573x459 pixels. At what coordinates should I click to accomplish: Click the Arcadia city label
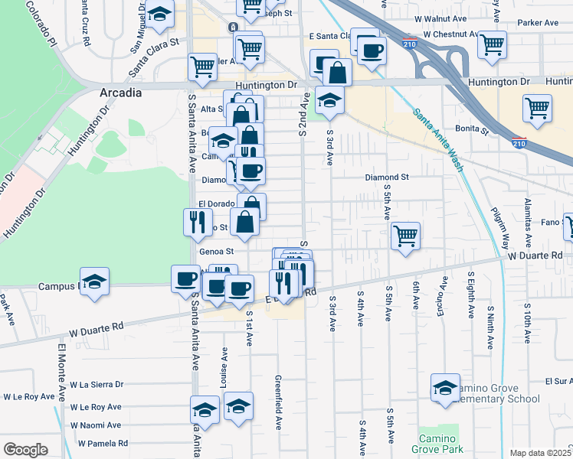121,93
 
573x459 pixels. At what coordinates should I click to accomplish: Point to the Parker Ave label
538,23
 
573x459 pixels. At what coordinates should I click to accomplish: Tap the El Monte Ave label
61,372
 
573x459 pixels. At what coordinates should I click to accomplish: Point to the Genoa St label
215,250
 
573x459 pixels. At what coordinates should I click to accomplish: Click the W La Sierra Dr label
96,385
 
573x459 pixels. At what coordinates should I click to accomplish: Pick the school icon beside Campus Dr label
95,280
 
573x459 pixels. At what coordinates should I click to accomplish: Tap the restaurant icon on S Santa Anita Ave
197,221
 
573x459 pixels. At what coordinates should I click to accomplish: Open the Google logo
25,449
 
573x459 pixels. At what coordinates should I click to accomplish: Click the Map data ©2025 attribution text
540,453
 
